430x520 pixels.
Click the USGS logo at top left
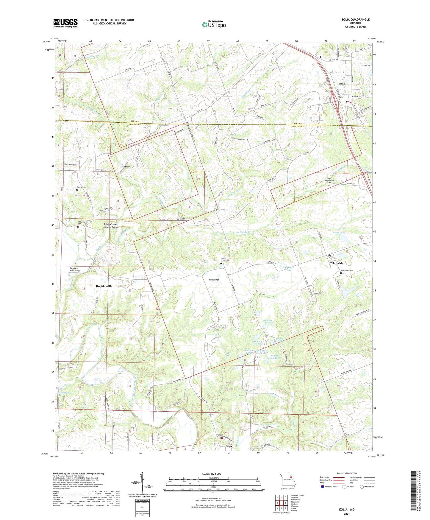(65, 23)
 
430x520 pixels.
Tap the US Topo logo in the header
(214, 24)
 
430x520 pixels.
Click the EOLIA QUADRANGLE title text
(355, 20)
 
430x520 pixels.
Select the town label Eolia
(342, 84)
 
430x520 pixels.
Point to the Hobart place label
(126, 166)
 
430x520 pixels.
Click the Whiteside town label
(337, 263)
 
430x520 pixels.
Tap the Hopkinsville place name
(104, 286)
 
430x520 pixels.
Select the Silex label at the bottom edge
(229, 446)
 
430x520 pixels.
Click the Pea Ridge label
(214, 280)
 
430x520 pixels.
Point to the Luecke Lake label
(338, 232)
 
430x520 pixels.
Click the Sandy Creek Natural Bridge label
(111, 226)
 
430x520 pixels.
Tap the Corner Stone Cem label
(225, 260)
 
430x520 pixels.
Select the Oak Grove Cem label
(71, 165)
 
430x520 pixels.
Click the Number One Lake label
(268, 321)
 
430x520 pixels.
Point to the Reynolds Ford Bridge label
(75, 270)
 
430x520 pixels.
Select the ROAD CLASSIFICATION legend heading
(347, 473)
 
